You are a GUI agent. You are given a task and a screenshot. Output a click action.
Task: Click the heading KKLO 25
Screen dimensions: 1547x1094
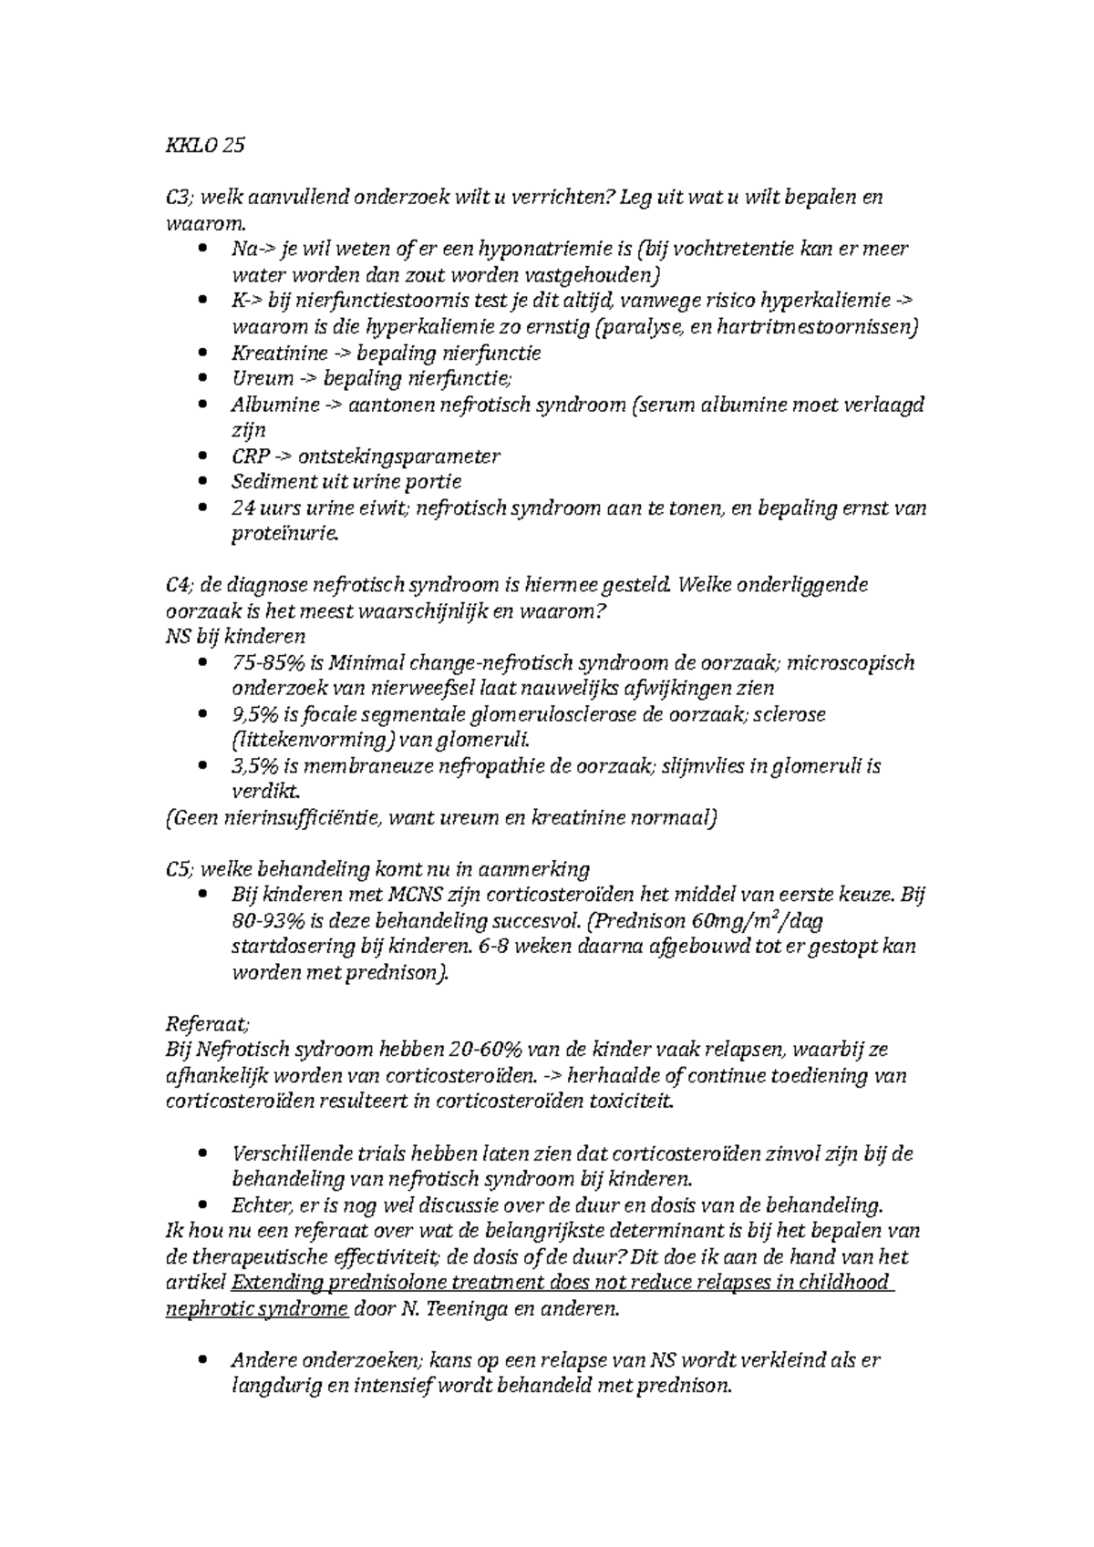tap(205, 146)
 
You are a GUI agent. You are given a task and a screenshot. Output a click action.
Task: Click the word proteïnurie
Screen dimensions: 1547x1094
tap(284, 534)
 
